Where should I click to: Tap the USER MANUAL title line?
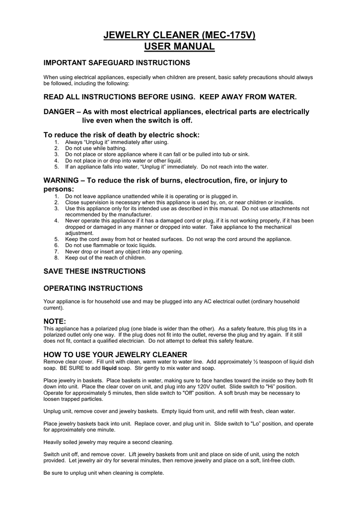(179, 47)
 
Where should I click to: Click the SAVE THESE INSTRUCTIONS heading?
(95, 271)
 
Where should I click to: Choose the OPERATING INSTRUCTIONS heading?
(93, 288)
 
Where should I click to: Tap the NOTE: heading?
(55, 321)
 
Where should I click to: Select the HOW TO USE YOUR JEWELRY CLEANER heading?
(116, 354)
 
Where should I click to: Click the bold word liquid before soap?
(109, 369)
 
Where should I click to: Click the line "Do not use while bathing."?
(96, 148)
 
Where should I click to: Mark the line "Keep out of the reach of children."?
(106, 258)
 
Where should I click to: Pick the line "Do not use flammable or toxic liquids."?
(111, 246)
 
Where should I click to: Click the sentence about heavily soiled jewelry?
(108, 442)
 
